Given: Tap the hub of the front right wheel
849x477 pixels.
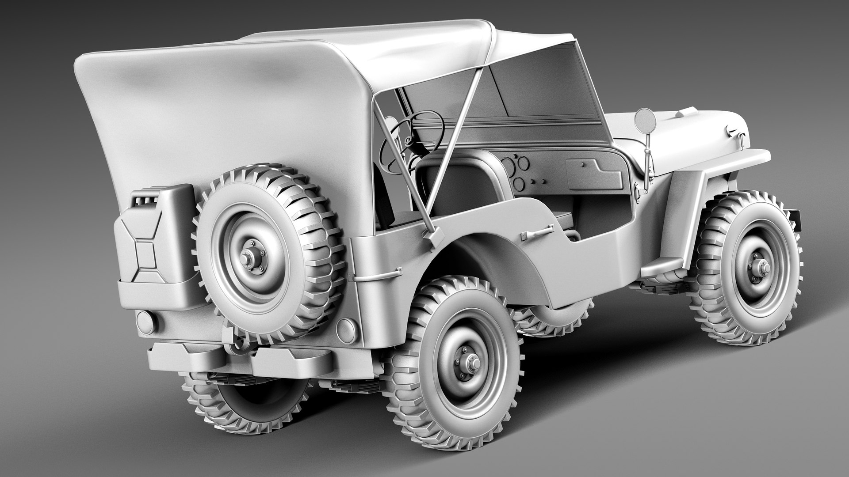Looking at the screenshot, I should (763, 267).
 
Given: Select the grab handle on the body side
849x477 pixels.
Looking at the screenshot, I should (537, 232).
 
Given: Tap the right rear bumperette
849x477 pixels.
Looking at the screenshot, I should (292, 360).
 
